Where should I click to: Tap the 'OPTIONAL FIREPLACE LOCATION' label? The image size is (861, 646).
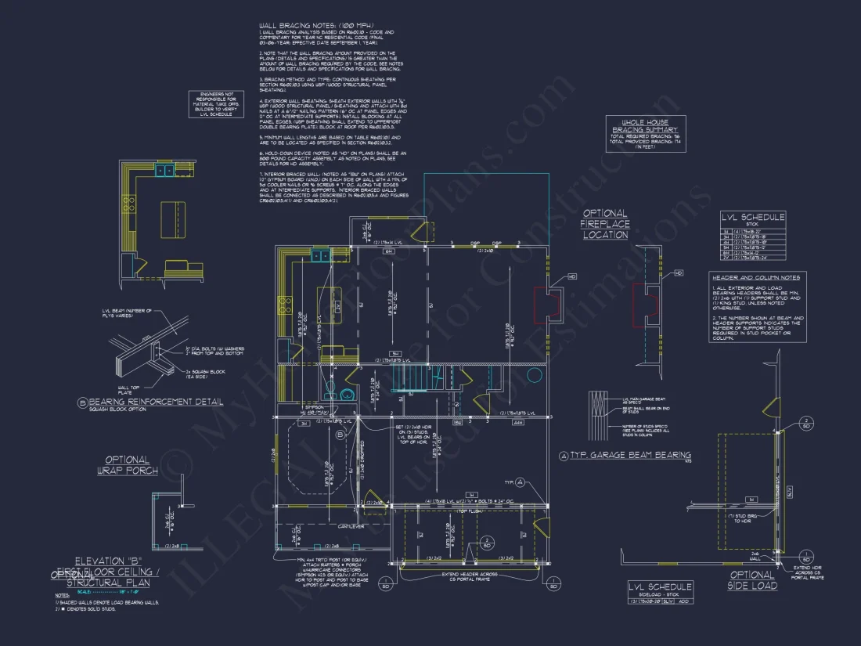pos(604,224)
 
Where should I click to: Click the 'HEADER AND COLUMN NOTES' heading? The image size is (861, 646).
pos(755,277)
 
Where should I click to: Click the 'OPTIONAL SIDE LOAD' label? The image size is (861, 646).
pos(752,580)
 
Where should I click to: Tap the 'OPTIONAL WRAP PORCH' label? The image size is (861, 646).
pos(128,465)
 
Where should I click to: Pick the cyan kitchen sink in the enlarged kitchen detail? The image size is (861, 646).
pos(164,170)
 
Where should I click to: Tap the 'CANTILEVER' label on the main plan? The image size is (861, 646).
pos(342,526)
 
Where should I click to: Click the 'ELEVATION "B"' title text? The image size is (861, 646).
pos(105,561)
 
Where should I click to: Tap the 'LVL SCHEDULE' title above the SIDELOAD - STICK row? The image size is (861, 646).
pos(661,586)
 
